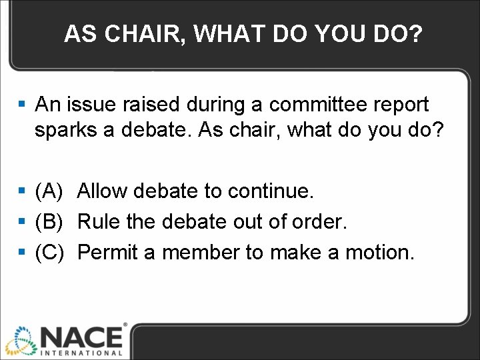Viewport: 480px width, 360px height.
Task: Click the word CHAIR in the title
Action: coord(140,34)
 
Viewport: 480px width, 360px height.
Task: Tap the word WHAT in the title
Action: coord(224,34)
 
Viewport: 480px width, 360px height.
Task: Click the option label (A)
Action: coord(49,192)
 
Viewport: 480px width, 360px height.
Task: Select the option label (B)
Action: coord(49,222)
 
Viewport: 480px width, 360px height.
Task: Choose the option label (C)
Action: coord(49,252)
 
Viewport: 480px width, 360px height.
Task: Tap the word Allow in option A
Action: coord(103,192)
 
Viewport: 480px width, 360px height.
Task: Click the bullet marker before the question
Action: coord(22,105)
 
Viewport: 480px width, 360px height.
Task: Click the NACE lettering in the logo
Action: coord(81,336)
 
